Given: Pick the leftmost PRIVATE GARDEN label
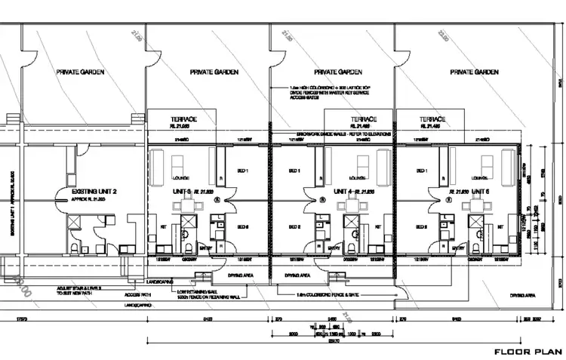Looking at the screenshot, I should (x=80, y=72).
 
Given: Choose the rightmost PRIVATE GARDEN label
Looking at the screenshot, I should (x=473, y=72).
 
